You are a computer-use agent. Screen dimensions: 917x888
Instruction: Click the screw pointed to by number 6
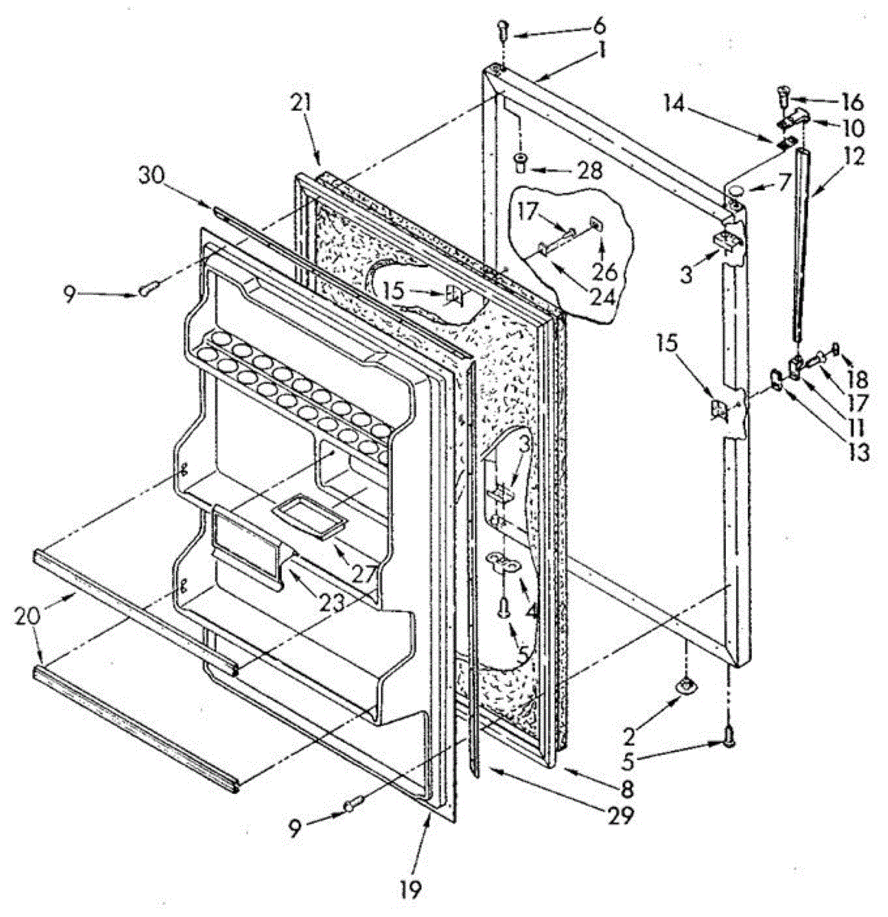coord(501,30)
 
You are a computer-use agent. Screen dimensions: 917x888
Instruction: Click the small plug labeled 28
coord(520,163)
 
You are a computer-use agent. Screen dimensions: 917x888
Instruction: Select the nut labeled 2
coord(686,687)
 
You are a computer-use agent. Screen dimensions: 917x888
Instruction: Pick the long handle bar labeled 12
coord(797,245)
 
